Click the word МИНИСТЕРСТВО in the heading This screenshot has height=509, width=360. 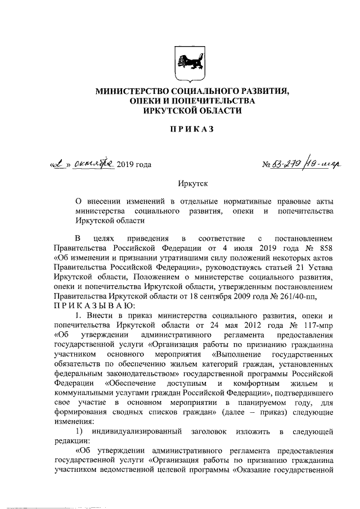tap(128, 91)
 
